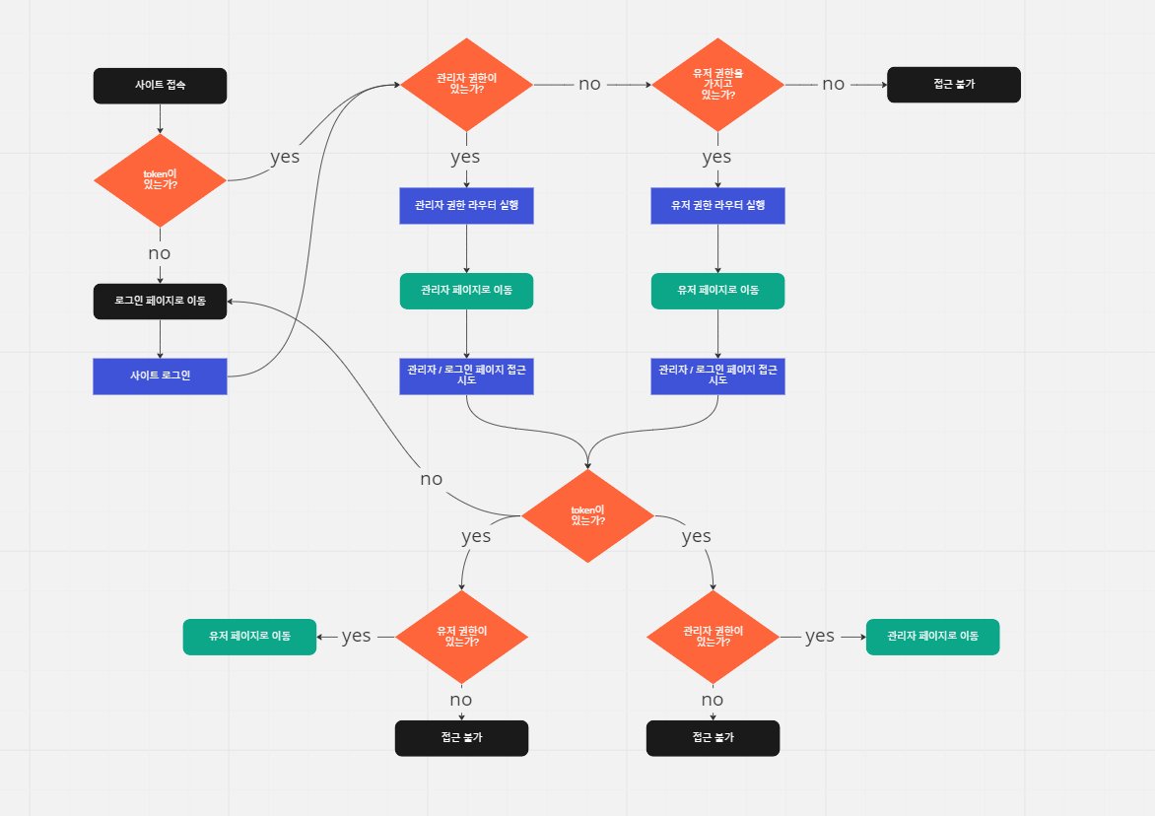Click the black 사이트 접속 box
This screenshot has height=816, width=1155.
click(x=160, y=86)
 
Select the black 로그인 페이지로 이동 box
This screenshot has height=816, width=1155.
click(x=160, y=302)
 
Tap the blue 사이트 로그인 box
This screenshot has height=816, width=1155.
click(x=160, y=376)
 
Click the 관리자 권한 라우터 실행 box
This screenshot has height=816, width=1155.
click(x=466, y=206)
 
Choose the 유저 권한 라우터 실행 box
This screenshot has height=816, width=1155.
click(x=717, y=206)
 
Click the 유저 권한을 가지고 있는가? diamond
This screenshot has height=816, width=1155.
click(x=717, y=85)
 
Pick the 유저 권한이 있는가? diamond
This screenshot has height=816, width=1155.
click(x=461, y=637)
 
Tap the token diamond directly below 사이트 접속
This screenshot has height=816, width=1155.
click(x=160, y=180)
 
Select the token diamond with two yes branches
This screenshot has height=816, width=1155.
click(x=587, y=515)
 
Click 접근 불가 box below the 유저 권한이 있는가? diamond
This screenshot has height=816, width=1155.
click(x=461, y=738)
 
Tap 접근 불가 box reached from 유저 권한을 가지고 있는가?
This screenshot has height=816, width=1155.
click(x=953, y=85)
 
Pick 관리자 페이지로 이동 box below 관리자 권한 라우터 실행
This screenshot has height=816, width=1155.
click(x=466, y=291)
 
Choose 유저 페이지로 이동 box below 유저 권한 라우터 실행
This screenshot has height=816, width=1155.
click(x=717, y=291)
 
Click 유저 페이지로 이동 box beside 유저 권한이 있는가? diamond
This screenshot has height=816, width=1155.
click(x=249, y=637)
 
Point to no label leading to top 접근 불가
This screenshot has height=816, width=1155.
click(x=834, y=85)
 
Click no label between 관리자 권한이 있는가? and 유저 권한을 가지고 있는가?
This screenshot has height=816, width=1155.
click(x=589, y=85)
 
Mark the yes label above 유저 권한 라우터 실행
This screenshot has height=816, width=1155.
click(x=716, y=158)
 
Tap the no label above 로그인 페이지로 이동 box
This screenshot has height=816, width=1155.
click(x=160, y=253)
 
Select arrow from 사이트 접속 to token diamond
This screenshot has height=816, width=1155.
click(x=160, y=118)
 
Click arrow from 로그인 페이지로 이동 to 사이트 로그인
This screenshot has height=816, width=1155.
click(x=160, y=338)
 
